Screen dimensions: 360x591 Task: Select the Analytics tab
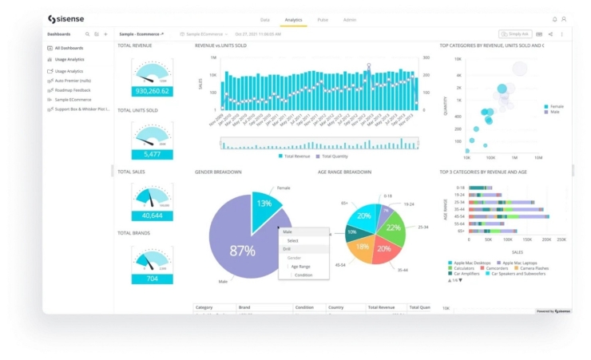(293, 18)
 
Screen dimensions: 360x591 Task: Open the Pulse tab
(322, 18)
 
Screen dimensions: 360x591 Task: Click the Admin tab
(349, 18)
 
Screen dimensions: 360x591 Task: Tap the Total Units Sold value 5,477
(152, 154)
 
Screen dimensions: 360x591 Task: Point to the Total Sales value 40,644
(152, 216)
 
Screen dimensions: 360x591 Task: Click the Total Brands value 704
(152, 279)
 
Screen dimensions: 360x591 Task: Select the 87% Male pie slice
(240, 251)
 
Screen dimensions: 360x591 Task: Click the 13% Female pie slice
(264, 206)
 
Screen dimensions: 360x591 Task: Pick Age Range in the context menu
(299, 266)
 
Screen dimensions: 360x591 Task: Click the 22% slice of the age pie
(393, 227)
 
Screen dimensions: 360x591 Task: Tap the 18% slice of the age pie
(362, 247)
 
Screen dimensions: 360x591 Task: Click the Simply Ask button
(515, 34)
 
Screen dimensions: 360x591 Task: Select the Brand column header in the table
(246, 307)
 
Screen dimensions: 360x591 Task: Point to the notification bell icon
(555, 18)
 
